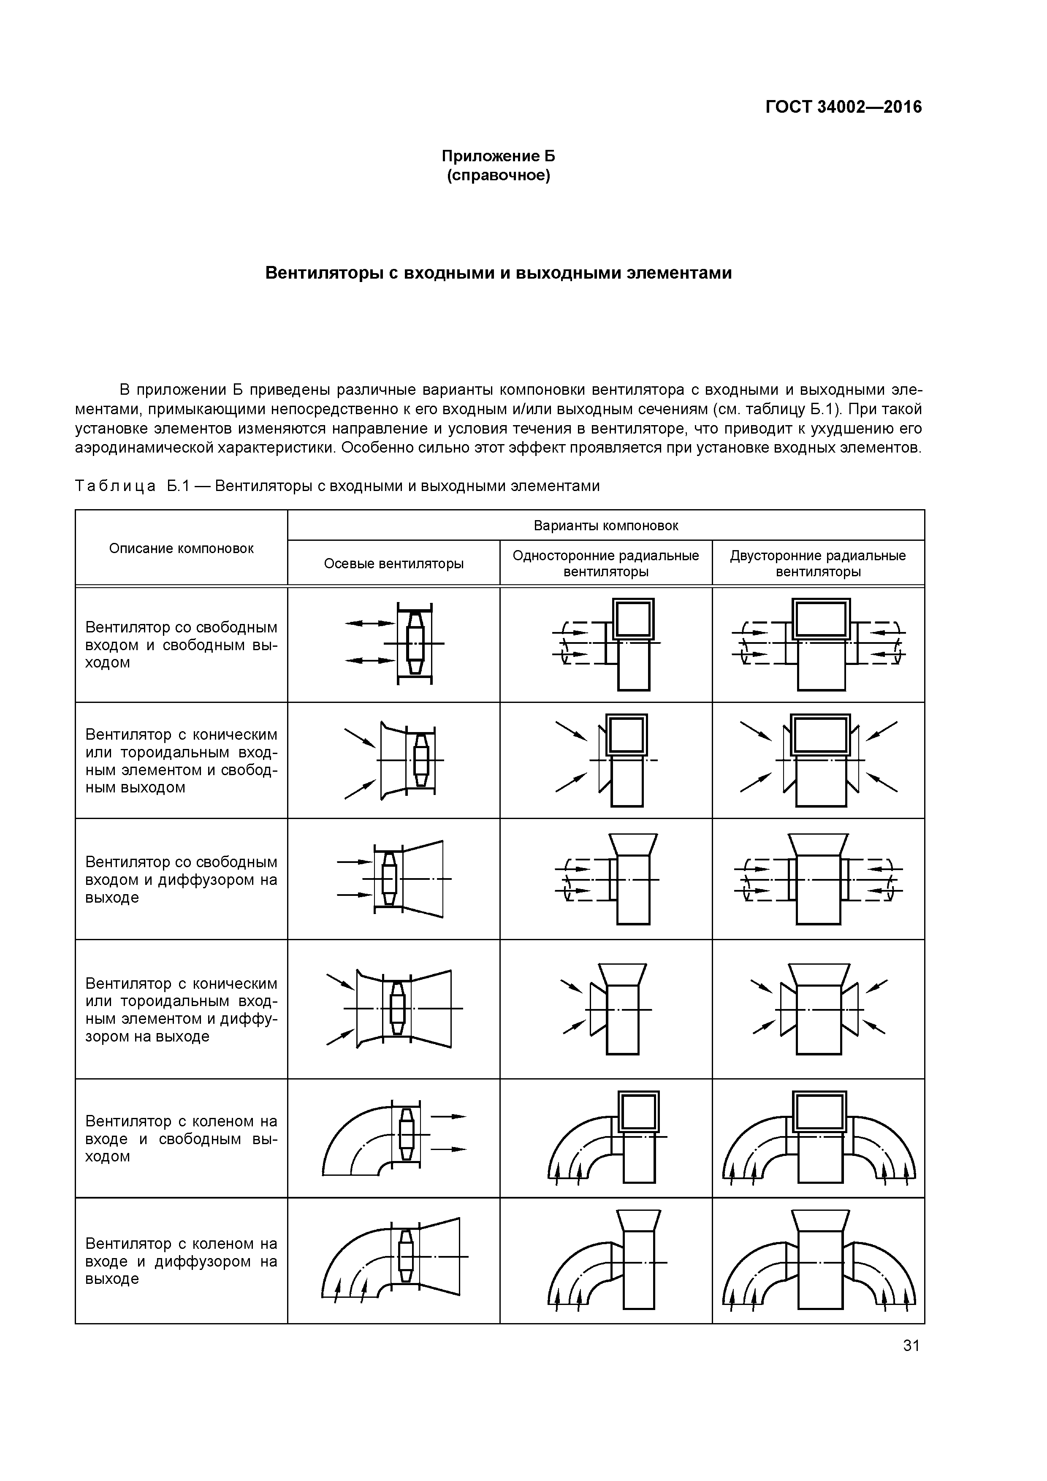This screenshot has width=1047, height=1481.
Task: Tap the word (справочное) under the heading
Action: pyautogui.click(x=498, y=176)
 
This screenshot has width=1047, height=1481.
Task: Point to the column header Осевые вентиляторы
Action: pyautogui.click(x=393, y=564)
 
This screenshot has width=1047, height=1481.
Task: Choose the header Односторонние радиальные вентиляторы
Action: pyautogui.click(x=606, y=564)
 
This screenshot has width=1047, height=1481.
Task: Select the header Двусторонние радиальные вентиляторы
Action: pyautogui.click(x=818, y=564)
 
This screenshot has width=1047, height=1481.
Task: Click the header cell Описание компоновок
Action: pyautogui.click(x=181, y=548)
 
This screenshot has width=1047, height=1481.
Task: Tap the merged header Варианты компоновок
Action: pyautogui.click(x=606, y=526)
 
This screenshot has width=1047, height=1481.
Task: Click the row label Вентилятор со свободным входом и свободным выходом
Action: pyautogui.click(x=181, y=645)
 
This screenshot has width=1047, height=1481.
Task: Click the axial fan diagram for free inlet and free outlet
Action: pyautogui.click(x=395, y=644)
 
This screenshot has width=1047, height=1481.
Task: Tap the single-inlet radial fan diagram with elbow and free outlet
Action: pyautogui.click(x=606, y=1139)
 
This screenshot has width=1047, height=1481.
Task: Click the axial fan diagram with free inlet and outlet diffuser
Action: pyautogui.click(x=395, y=879)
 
